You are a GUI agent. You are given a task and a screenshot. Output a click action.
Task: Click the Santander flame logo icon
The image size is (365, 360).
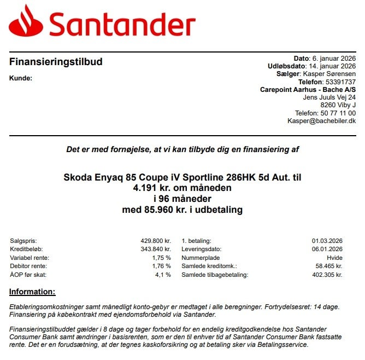click(x=26, y=22)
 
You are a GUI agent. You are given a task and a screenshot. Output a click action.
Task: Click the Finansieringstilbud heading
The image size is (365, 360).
click(x=56, y=62)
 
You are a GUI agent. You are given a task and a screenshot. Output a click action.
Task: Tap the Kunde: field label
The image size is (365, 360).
click(x=21, y=78)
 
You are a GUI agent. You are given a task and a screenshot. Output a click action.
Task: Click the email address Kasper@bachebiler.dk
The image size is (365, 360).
click(x=321, y=121)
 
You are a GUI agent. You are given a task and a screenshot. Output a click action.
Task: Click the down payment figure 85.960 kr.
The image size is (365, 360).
click(x=152, y=210)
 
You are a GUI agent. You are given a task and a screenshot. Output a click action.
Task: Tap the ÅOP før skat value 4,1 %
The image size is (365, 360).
click(x=163, y=275)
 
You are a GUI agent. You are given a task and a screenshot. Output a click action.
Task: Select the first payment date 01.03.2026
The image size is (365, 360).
click(x=327, y=241)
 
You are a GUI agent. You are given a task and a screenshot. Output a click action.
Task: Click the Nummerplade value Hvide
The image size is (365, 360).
click(x=334, y=258)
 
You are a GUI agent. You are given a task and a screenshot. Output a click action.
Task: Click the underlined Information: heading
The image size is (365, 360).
click(x=32, y=292)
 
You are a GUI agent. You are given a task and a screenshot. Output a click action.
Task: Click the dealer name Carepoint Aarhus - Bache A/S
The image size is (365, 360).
click(x=308, y=90)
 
